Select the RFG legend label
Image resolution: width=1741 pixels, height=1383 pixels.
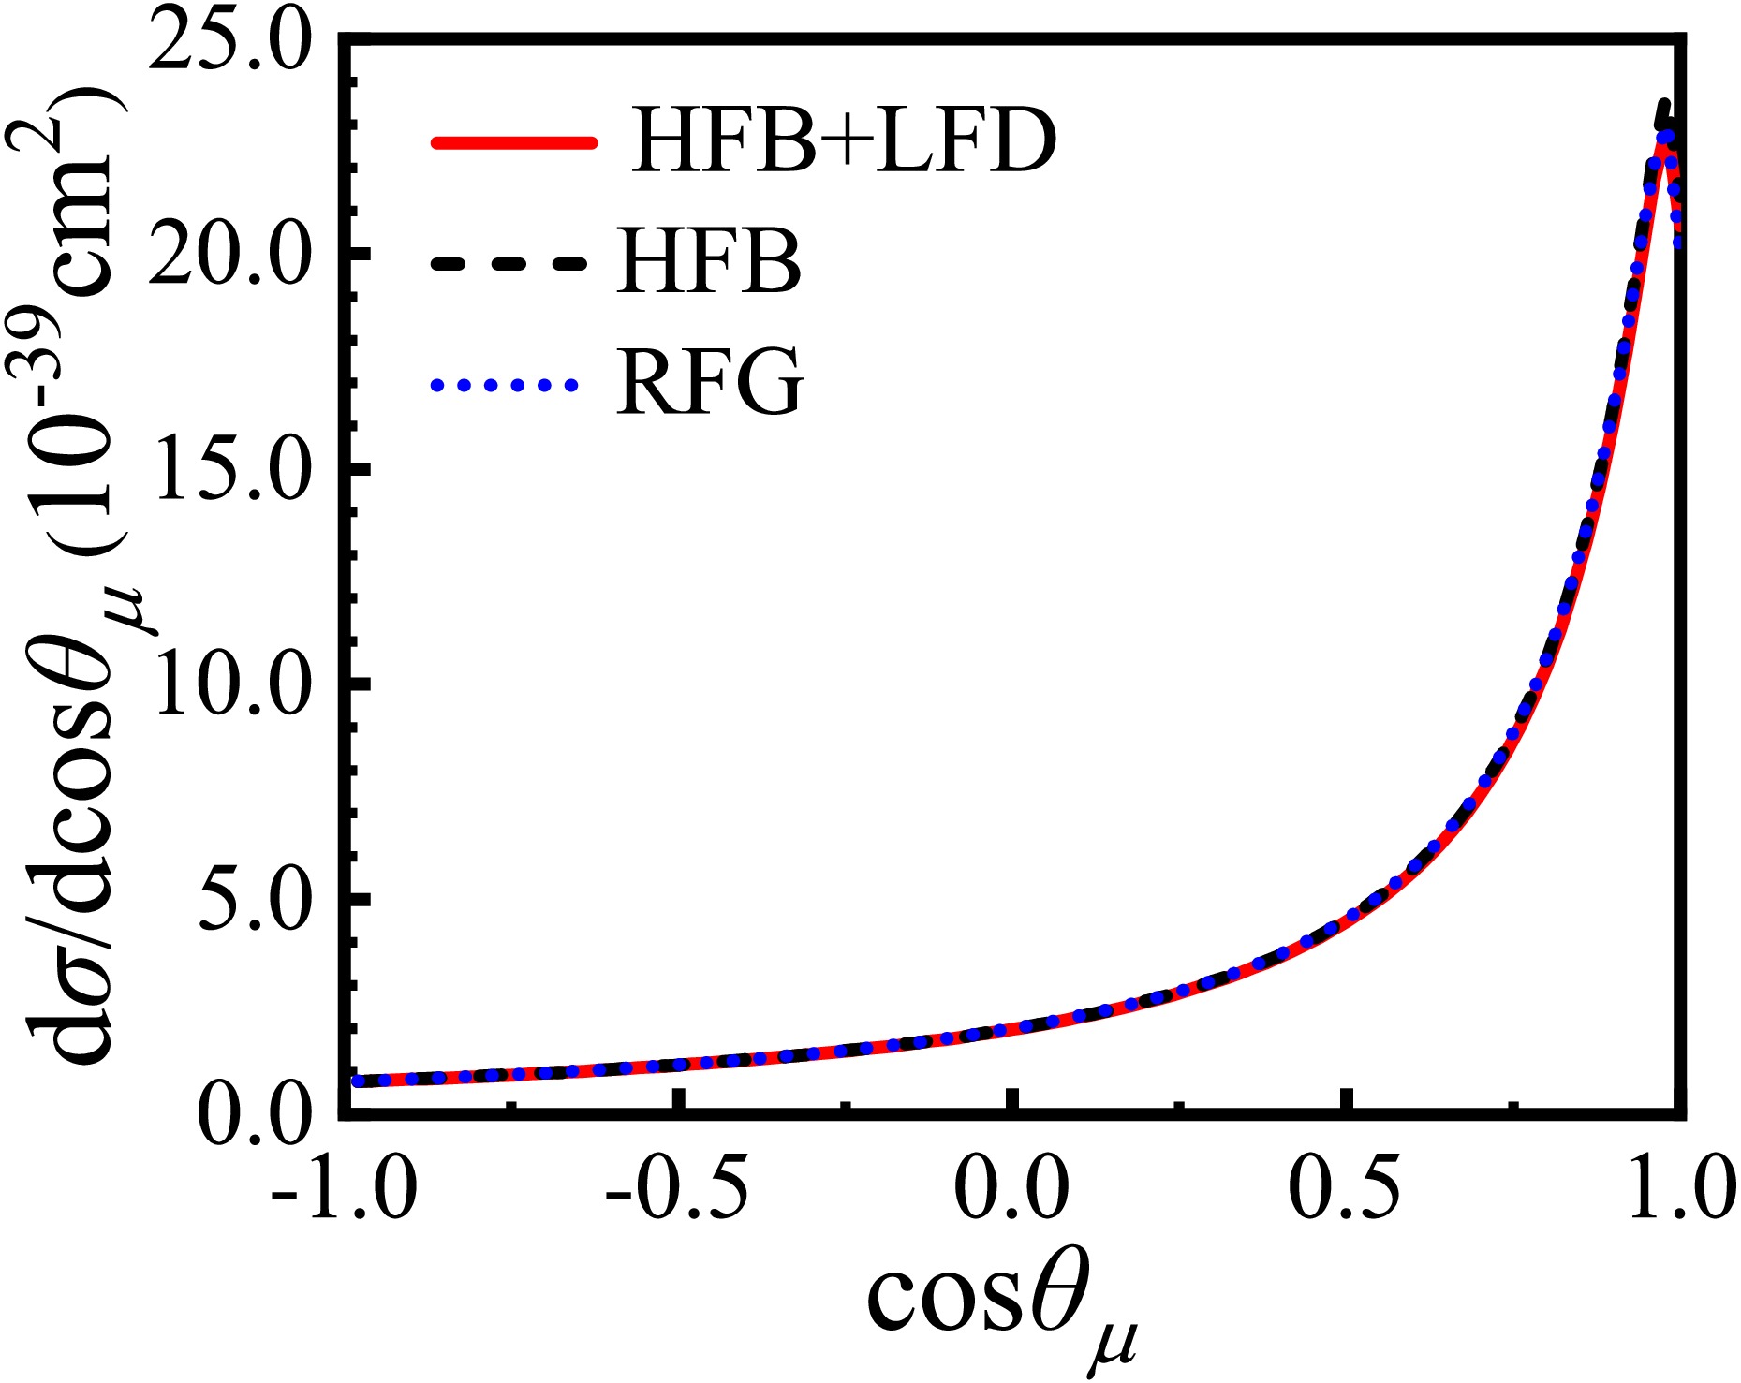coord(710,382)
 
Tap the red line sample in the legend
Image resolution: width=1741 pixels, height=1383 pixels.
coord(512,142)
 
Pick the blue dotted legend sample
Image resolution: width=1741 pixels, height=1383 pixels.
coord(504,383)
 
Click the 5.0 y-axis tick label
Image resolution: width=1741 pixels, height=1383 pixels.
coord(253,901)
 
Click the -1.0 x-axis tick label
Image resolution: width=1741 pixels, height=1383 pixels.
coord(344,1189)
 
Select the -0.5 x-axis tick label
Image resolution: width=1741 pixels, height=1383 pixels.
coord(677,1189)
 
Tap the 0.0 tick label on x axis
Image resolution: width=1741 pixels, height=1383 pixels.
coord(1011,1189)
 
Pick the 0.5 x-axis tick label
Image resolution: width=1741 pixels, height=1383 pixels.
coord(1345,1189)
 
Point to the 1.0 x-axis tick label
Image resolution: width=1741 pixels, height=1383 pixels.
coord(1681,1189)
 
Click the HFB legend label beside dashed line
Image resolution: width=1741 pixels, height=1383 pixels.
coord(709,263)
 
